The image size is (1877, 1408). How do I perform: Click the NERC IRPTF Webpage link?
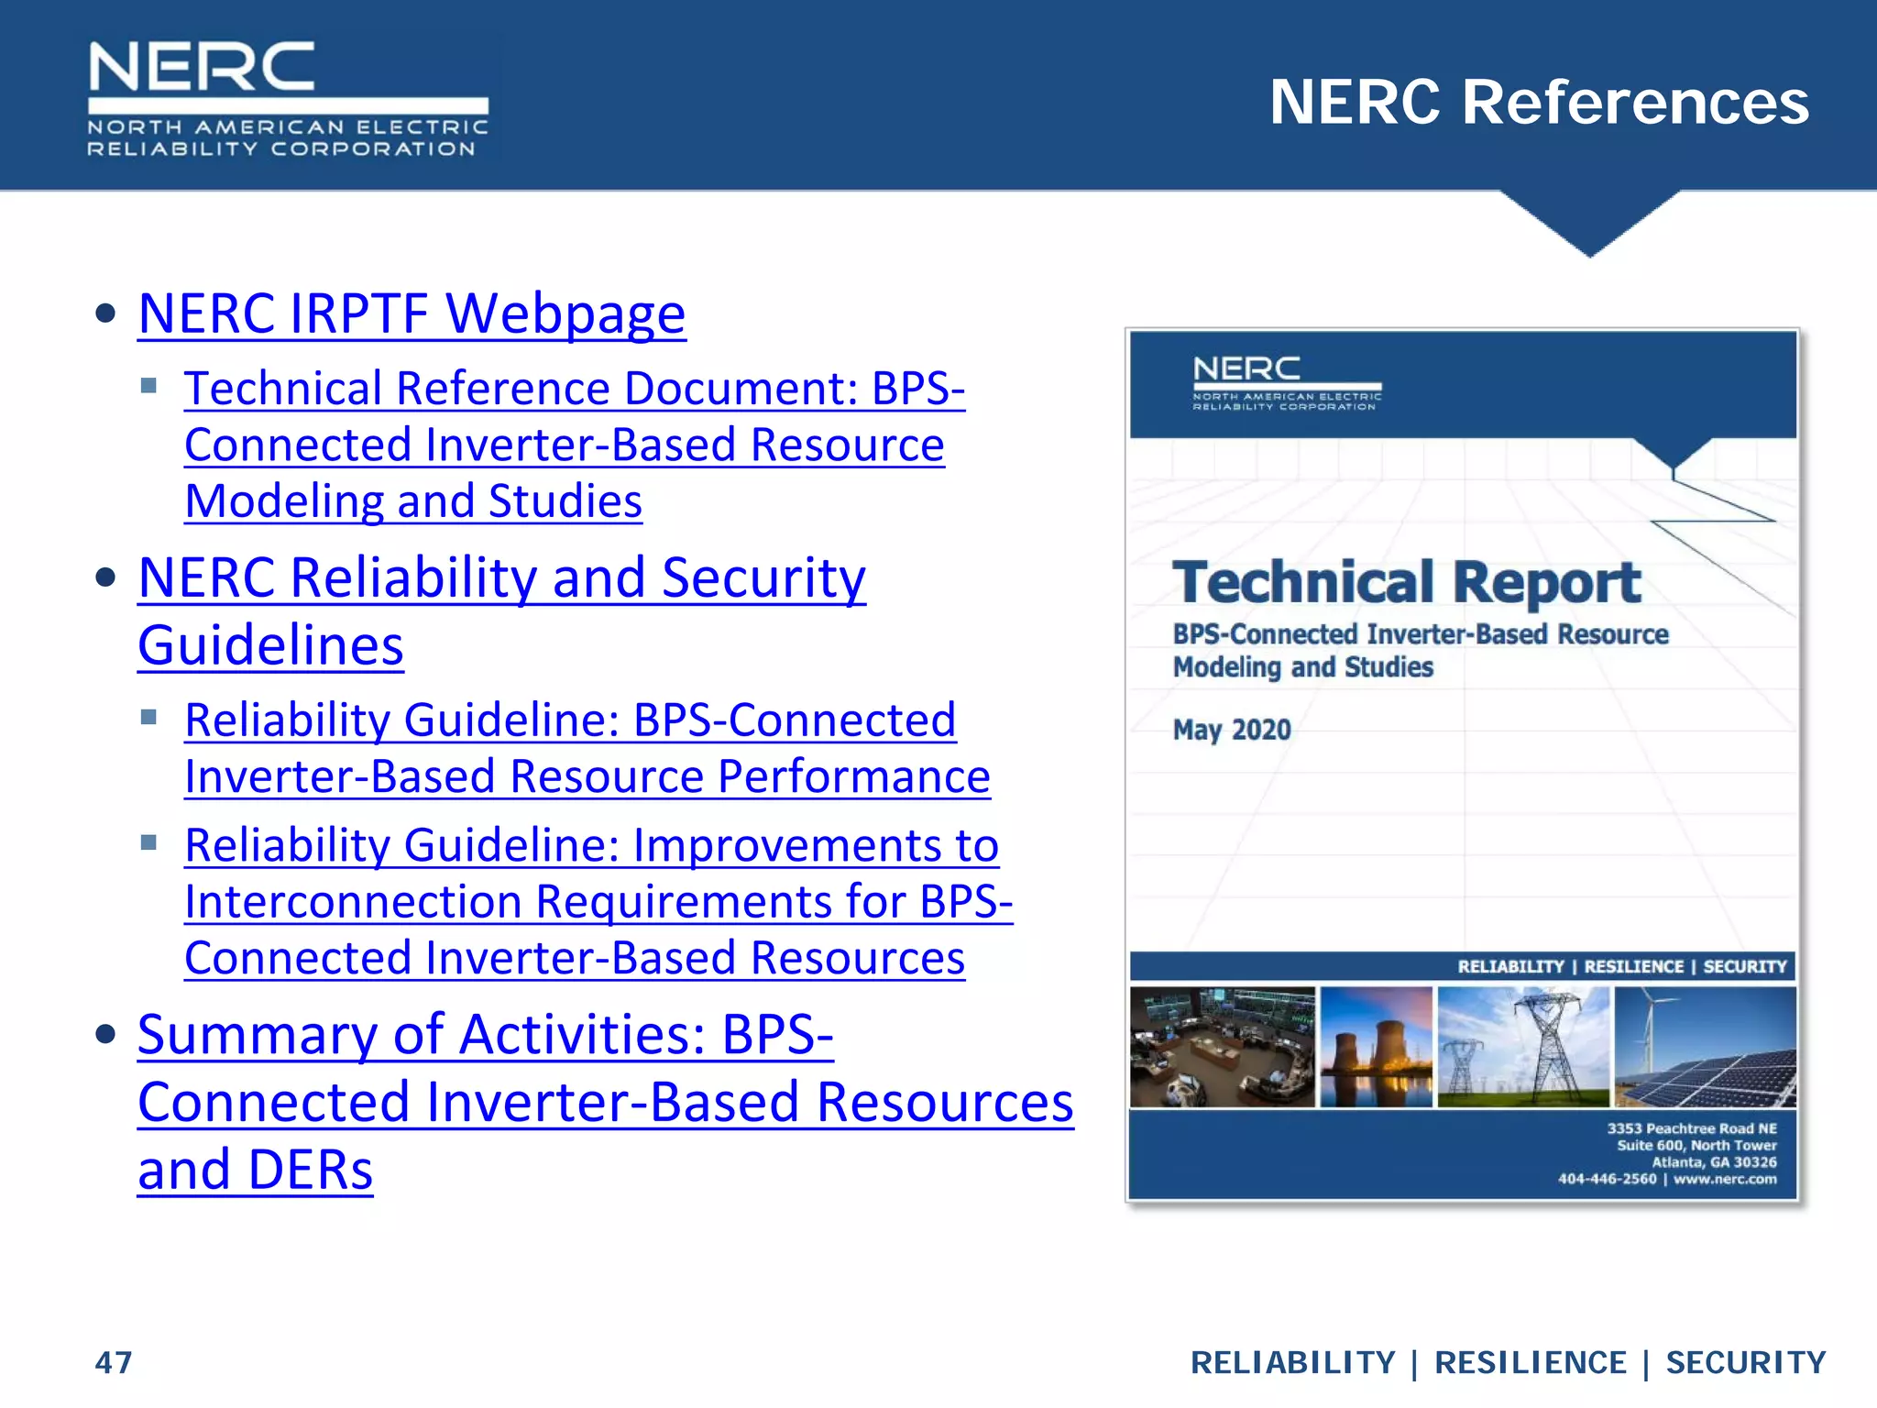412,314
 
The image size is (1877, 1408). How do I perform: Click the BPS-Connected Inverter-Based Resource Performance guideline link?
587,748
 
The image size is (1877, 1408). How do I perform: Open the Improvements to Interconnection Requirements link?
598,901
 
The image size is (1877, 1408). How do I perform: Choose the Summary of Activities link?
605,1101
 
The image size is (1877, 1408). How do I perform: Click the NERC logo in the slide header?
287,99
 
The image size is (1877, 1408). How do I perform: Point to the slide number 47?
114,1362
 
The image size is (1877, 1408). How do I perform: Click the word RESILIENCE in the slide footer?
1530,1363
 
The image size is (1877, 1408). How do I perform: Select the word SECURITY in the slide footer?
1745,1363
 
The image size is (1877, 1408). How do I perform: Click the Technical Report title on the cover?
1406,583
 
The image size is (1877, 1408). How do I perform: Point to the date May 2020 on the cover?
1232,730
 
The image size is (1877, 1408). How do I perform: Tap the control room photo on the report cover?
1222,1047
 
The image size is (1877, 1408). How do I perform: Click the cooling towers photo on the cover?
1376,1047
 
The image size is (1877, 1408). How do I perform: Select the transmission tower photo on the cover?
1522,1047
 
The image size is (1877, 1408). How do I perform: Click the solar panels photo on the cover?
1705,1047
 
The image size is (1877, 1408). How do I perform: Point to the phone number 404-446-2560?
1607,1179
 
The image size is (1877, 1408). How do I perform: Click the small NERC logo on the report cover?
1286,383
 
